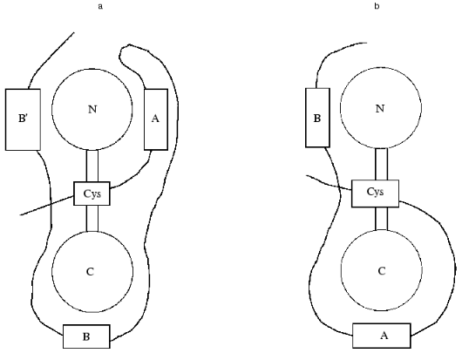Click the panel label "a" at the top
point(102,6)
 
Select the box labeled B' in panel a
point(24,119)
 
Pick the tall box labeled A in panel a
point(154,119)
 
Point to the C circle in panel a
point(92,271)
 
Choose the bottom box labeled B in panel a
point(85,336)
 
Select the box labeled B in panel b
point(316,116)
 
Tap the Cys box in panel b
point(375,192)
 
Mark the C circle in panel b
point(380,270)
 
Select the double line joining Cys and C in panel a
point(92,219)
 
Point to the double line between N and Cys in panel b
point(381,162)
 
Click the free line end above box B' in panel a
point(74,36)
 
